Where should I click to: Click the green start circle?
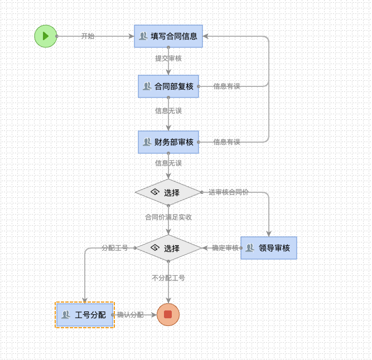pyautogui.click(x=46, y=36)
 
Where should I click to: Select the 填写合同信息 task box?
pyautogui.click(x=168, y=36)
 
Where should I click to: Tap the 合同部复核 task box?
pyautogui.click(x=168, y=86)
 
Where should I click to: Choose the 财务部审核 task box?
pyautogui.click(x=168, y=142)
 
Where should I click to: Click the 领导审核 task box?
pyautogui.click(x=269, y=248)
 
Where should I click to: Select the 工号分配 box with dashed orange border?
pyautogui.click(x=85, y=315)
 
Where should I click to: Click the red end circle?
pyautogui.click(x=168, y=314)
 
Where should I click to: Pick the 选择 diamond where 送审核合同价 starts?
pyautogui.click(x=168, y=192)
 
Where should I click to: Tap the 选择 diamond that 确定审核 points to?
pyautogui.click(x=168, y=248)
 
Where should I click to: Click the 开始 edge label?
pyautogui.click(x=88, y=36)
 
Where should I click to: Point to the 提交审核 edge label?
pyautogui.click(x=168, y=58)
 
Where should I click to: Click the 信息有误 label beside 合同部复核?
pyautogui.click(x=226, y=86)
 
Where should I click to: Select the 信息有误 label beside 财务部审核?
pyautogui.click(x=226, y=142)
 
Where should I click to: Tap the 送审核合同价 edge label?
pyautogui.click(x=229, y=192)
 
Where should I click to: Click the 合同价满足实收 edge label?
pyautogui.click(x=168, y=217)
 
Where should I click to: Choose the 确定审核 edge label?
pyautogui.click(x=225, y=248)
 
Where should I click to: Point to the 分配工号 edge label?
pyautogui.click(x=115, y=248)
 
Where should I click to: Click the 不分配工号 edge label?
pyautogui.click(x=168, y=278)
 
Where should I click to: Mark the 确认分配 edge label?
pyautogui.click(x=130, y=315)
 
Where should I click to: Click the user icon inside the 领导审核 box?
pyautogui.click(x=250, y=248)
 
